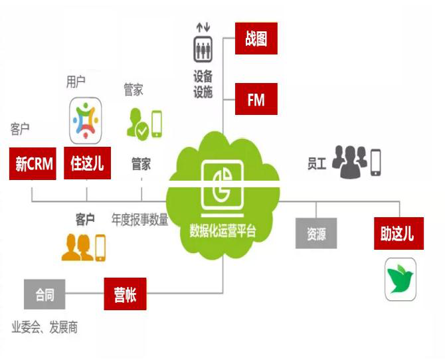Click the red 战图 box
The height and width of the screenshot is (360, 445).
tap(256, 38)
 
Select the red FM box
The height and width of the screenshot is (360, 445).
tap(256, 100)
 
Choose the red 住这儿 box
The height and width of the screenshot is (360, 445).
tap(87, 163)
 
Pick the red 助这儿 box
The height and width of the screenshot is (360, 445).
tap(397, 234)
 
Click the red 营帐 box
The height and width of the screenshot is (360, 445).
tap(125, 294)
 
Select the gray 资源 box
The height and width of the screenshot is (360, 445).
tap(315, 233)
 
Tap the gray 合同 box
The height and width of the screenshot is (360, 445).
tap(45, 294)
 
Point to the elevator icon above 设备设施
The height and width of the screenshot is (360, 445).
tap(202, 48)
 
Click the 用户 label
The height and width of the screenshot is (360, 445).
tap(76, 82)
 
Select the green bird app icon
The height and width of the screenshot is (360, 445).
tap(400, 280)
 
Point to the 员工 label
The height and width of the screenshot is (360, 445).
tap(317, 163)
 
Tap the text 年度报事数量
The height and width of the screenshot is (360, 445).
tap(139, 219)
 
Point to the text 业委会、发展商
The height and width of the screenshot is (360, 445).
tap(44, 327)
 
